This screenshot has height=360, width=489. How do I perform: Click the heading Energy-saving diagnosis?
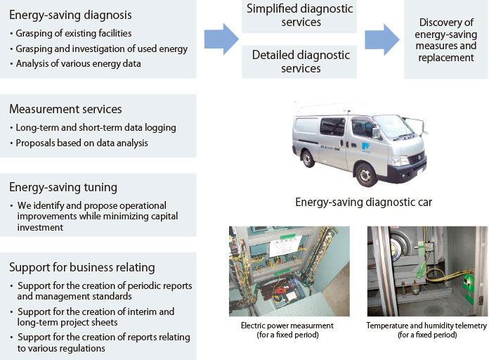point(70,15)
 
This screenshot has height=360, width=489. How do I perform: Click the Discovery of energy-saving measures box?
point(445,39)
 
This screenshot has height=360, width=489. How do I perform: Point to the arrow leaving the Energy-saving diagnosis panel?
point(221,39)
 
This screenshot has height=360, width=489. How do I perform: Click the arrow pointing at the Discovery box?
point(381,39)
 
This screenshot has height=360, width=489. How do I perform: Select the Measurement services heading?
point(65,109)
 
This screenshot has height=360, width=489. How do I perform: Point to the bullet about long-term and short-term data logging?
point(96,127)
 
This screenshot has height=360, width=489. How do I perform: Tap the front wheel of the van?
point(365,174)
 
